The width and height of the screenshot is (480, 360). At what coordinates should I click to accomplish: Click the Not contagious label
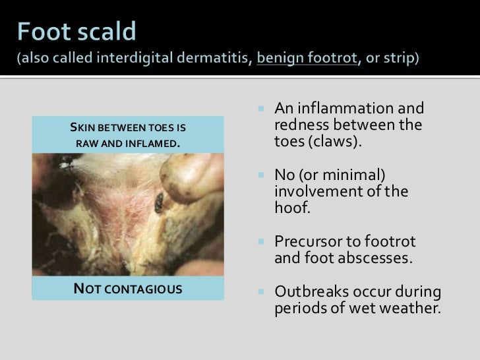point(127,288)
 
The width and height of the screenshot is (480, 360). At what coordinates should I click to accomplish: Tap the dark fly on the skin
point(159,202)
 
